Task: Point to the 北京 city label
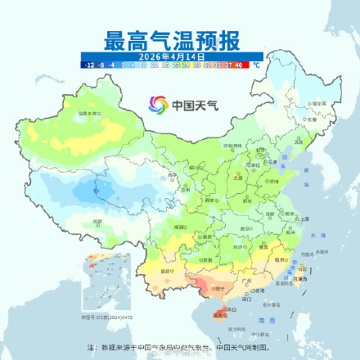pos(260,152)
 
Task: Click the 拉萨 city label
pos(97,221)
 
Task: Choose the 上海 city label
pos(304,219)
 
